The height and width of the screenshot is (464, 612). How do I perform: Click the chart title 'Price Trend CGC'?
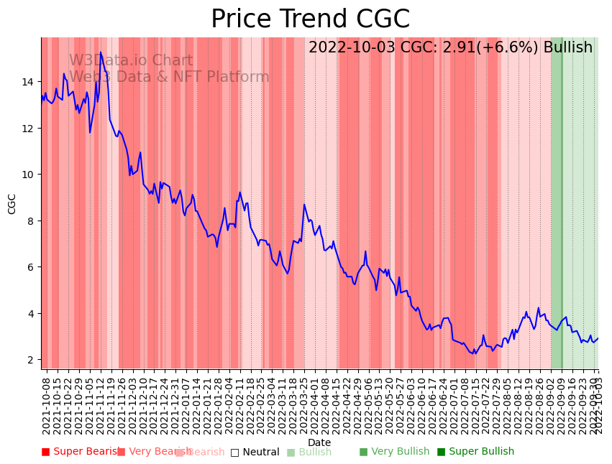310,19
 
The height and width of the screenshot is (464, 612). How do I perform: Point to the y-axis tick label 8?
29,221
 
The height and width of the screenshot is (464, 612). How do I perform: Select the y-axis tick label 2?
29,360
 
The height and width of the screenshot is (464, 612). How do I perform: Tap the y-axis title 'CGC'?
12,203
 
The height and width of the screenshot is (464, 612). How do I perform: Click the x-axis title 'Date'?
319,442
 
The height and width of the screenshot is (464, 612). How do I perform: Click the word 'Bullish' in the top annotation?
567,48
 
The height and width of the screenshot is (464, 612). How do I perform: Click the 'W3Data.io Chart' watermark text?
131,61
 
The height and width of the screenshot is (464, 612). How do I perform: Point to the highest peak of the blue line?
101,52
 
